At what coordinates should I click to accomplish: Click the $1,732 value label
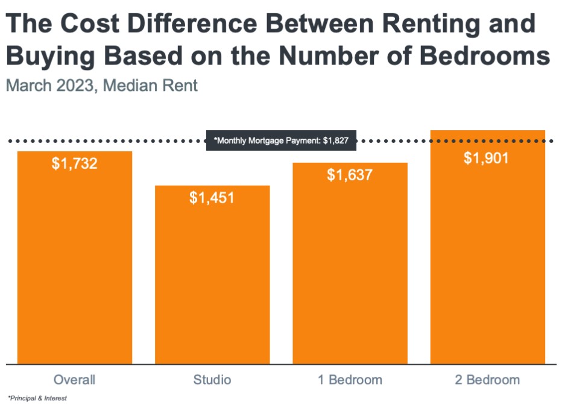(x=75, y=164)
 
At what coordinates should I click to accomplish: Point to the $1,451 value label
(x=212, y=198)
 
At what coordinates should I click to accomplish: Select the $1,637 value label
(x=350, y=175)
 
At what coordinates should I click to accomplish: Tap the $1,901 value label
(x=487, y=158)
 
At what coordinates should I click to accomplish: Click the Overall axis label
(x=75, y=380)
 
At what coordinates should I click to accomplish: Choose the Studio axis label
(x=212, y=380)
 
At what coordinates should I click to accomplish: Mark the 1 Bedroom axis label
(x=350, y=380)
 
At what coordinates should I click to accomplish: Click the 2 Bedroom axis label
(x=487, y=380)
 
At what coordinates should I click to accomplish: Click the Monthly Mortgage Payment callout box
(x=281, y=140)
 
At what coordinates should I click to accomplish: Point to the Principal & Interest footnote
(x=37, y=398)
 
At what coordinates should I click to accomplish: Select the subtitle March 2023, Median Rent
(x=101, y=85)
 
